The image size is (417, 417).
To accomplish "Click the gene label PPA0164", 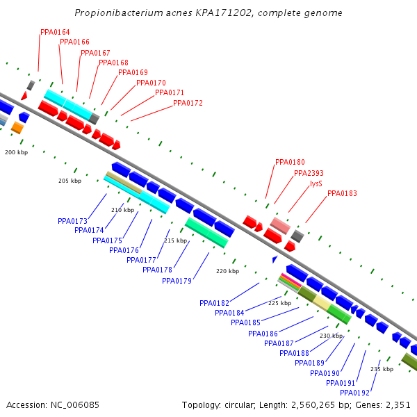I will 55,32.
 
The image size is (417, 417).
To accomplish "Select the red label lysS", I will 316,184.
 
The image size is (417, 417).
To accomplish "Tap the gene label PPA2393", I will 309,174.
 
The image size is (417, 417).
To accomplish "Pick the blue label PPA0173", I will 72,221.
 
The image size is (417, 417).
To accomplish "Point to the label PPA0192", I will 354,393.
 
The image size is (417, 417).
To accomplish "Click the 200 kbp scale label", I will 16,152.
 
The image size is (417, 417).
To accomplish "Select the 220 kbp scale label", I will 227,271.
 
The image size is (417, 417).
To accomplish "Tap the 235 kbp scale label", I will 382,369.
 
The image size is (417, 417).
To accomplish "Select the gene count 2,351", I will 398,404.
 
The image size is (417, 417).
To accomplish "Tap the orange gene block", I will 17,128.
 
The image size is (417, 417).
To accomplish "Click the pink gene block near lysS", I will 280,225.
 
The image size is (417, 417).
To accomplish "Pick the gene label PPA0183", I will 342,193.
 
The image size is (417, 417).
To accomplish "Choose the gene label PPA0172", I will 188,103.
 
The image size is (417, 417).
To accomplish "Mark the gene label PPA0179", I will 177,281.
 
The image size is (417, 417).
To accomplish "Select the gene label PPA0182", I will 214,303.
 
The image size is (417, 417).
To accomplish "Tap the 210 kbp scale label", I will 122,210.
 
